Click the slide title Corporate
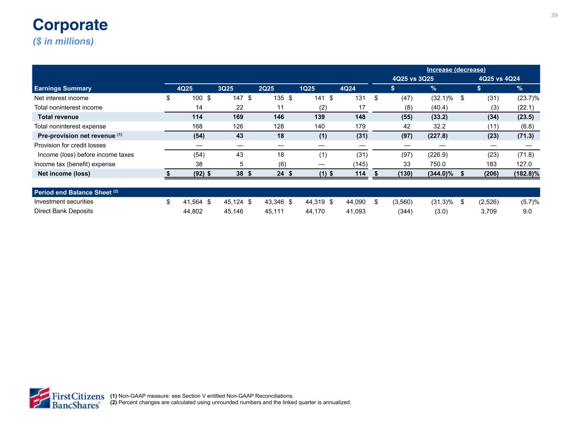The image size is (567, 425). pos(70,25)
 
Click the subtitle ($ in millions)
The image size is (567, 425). pos(63,42)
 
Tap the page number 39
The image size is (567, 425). pos(554,15)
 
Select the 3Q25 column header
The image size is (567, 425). pos(226,88)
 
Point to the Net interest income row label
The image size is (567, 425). pos(61,98)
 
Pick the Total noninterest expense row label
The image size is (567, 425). pos(70,126)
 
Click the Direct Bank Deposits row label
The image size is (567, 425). pos(64,211)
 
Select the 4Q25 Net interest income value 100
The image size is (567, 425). pos(197,98)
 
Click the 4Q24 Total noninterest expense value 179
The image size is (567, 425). pos(360,126)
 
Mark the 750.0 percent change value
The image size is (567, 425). pos(438,164)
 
